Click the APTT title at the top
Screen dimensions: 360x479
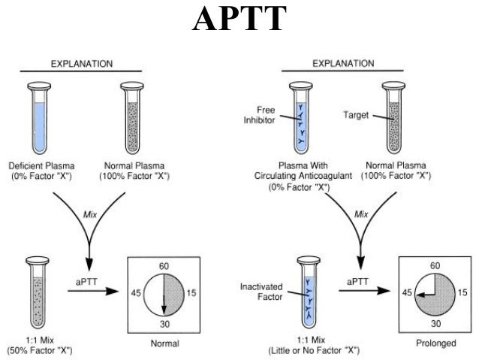pyautogui.click(x=239, y=20)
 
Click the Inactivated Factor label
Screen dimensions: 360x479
pyautogui.click(x=261, y=292)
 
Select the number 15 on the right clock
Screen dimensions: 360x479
pyautogui.click(x=462, y=294)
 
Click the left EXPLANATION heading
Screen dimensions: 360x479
pyautogui.click(x=82, y=63)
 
